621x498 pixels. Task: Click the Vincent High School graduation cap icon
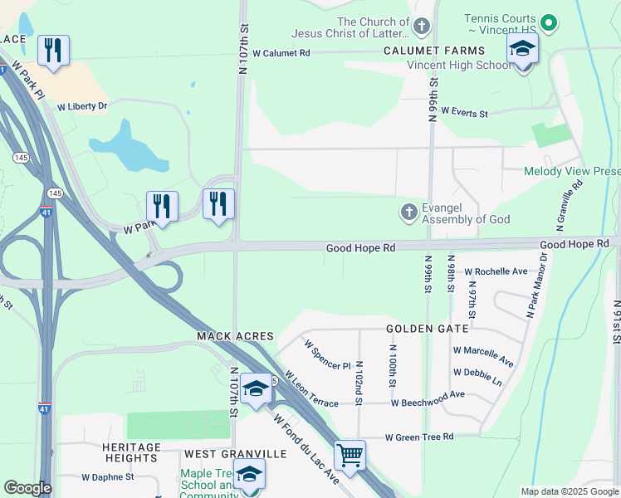tap(522, 51)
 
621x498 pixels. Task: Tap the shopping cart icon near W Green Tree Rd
tap(350, 455)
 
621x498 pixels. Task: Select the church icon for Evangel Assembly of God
tap(408, 212)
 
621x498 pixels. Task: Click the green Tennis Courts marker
tap(547, 23)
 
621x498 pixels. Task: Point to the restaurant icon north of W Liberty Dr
tap(53, 51)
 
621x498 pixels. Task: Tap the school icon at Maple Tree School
tap(248, 475)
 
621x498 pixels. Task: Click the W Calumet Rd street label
tap(281, 52)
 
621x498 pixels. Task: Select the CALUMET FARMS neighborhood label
tap(422, 51)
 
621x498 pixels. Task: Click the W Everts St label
tap(464, 111)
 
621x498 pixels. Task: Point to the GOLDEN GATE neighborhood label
tap(427, 329)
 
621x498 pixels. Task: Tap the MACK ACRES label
tap(235, 336)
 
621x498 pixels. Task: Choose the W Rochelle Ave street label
tap(496, 271)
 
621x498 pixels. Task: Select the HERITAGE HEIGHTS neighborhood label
tap(131, 453)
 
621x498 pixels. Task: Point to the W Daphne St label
tap(107, 477)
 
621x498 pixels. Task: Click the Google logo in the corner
tap(27, 488)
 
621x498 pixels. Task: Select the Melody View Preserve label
tap(572, 172)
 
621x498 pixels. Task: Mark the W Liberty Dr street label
tap(82, 106)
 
